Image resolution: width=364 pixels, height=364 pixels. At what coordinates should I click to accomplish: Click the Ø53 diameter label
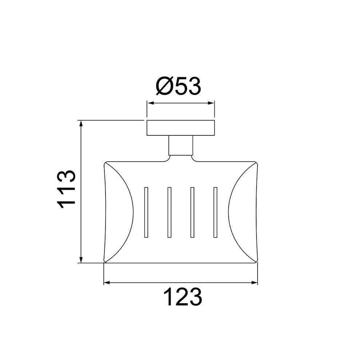(178, 86)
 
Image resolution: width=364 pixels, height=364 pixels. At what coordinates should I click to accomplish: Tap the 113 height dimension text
(67, 189)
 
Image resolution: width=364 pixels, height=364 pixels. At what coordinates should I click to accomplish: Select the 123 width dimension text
(183, 297)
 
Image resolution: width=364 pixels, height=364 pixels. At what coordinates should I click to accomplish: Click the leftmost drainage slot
(146, 212)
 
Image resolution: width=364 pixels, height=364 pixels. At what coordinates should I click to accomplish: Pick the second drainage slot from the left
(169, 212)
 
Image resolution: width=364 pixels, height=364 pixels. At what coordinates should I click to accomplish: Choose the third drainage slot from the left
(192, 212)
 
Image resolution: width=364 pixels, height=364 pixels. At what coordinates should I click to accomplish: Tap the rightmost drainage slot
(215, 212)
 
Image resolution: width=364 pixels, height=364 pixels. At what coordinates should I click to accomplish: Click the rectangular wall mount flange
(181, 128)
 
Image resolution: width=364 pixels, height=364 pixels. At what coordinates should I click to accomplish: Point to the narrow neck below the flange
(181, 145)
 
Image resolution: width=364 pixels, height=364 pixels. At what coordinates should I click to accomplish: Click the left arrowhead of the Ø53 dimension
(150, 103)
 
